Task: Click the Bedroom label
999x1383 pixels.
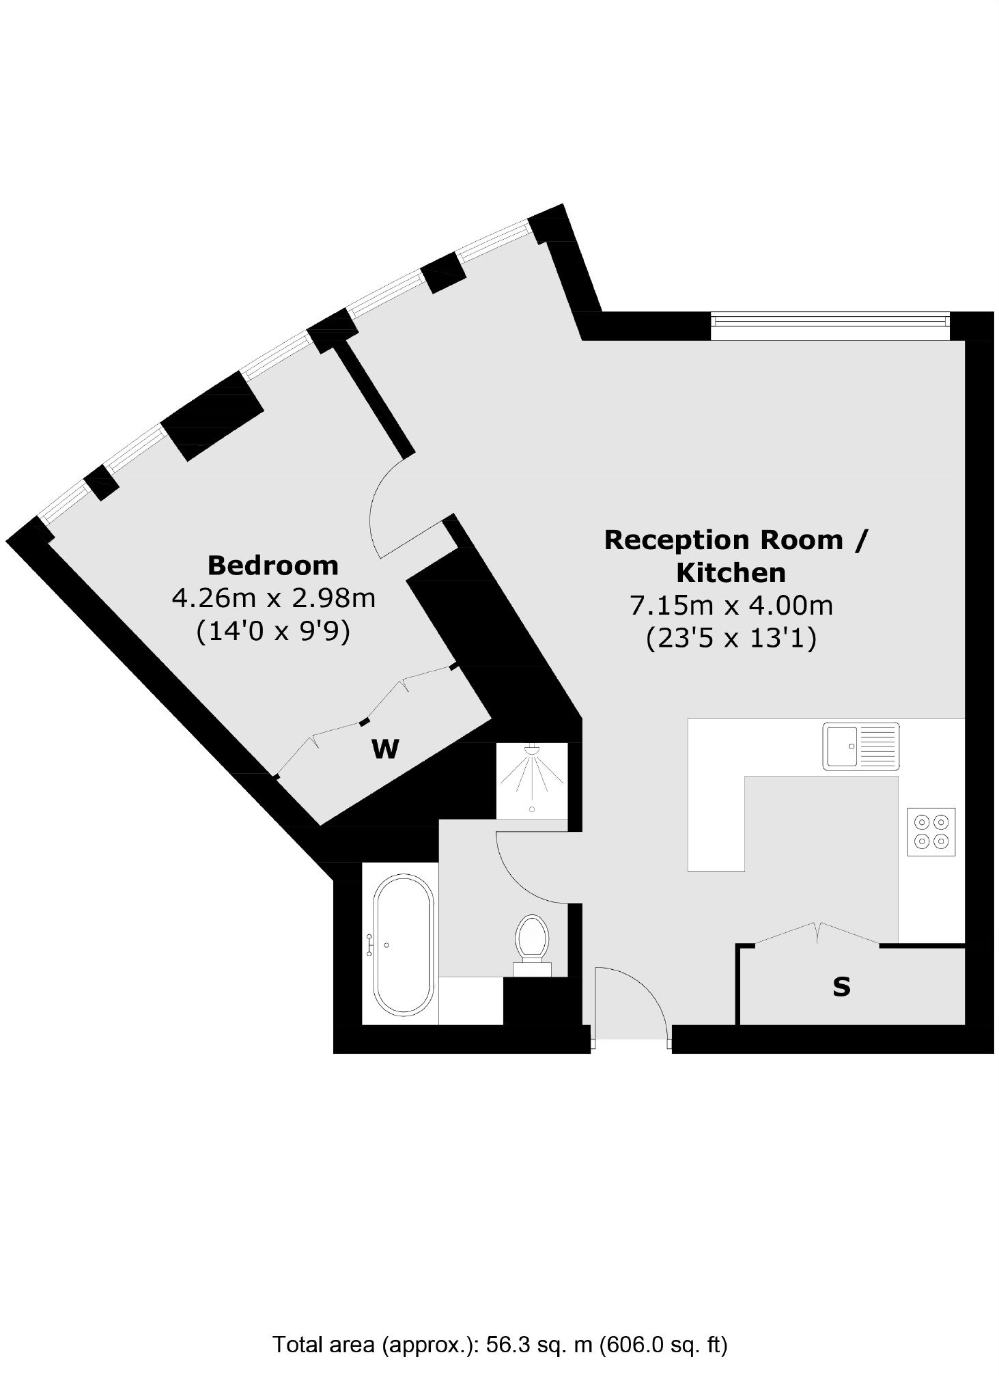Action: pos(272,565)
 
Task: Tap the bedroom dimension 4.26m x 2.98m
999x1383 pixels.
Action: pos(273,598)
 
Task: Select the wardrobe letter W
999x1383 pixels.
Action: pos(385,749)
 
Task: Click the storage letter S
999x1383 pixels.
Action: pos(841,986)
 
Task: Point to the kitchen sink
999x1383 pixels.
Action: pos(861,746)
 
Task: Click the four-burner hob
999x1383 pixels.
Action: pos(931,831)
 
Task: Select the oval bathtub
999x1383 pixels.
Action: pos(403,944)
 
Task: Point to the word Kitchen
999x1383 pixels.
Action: pos(731,572)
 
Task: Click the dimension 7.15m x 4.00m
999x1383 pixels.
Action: pos(731,605)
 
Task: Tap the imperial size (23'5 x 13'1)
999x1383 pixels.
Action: pos(731,639)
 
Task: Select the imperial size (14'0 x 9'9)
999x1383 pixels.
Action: pos(273,632)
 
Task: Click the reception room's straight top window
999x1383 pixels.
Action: pos(830,326)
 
